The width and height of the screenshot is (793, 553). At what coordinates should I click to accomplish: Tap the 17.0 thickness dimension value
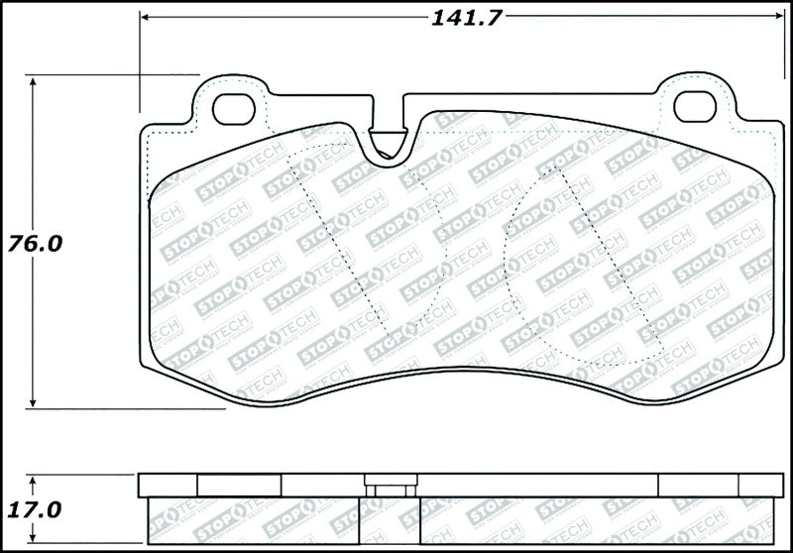pos(35,509)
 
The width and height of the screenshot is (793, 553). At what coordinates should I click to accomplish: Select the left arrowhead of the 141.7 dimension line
pos(146,18)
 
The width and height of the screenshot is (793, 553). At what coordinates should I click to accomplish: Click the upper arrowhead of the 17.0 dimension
pos(35,480)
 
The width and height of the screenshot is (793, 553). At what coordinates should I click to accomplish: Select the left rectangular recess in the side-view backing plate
pos(240,485)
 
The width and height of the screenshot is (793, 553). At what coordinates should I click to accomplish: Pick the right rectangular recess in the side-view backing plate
pos(699,485)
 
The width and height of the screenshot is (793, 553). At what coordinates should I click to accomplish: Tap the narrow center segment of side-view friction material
pos(392,523)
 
